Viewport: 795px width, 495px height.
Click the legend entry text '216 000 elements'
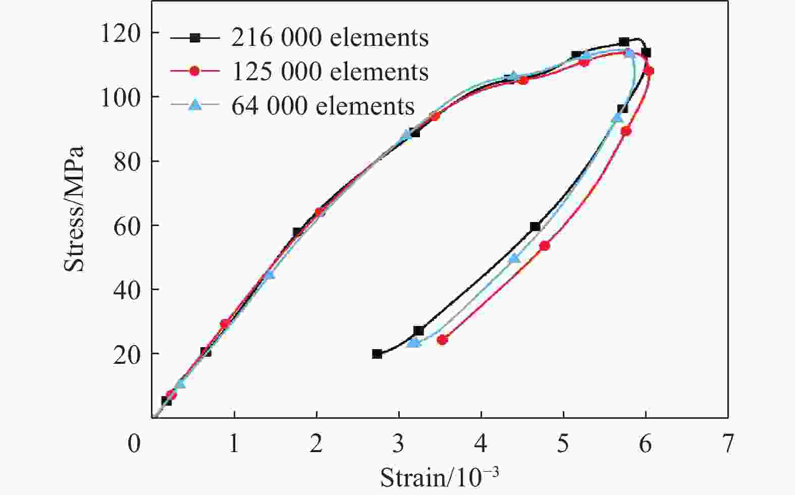pos(330,38)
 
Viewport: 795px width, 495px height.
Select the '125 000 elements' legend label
pos(330,72)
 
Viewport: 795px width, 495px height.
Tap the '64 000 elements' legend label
pos(323,105)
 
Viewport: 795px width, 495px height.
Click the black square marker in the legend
pos(195,38)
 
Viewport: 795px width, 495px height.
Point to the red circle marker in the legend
pos(195,72)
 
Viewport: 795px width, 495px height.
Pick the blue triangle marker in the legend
pos(195,105)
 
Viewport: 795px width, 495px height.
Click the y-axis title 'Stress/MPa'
pos(74,209)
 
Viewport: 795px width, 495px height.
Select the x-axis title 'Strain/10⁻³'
pos(439,477)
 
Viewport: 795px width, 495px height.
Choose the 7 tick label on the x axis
pos(727,444)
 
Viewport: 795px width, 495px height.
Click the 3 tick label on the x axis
pos(399,444)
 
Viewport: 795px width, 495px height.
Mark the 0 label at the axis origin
pos(134,444)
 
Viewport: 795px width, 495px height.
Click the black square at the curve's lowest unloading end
pos(377,354)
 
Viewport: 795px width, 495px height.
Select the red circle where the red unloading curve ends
pos(442,340)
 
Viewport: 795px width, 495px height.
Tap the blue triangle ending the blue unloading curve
pos(413,343)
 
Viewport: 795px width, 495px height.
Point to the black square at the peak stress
pos(624,42)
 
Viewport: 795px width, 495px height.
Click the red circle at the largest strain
pos(649,71)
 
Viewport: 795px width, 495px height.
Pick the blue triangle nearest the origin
pos(180,383)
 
